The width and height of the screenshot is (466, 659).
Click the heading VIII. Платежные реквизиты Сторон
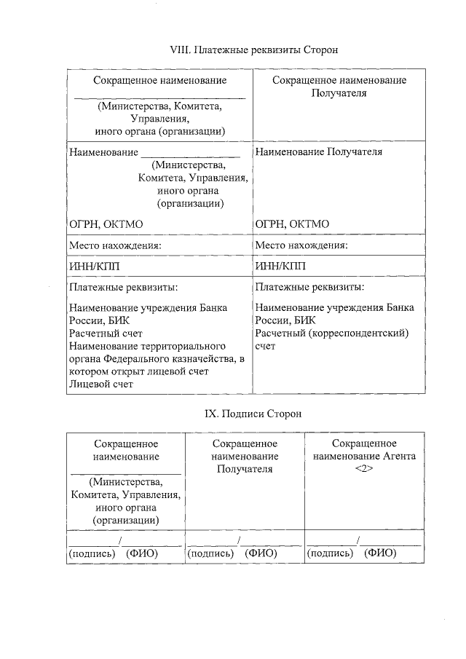tap(254, 50)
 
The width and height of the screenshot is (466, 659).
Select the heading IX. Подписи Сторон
tap(253, 414)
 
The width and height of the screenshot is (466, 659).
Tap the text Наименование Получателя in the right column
tap(319, 152)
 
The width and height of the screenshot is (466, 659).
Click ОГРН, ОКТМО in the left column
tap(106, 224)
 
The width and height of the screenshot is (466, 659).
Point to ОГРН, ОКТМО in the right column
tap(293, 224)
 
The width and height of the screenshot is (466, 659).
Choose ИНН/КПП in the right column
tap(281, 266)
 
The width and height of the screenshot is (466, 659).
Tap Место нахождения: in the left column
tap(114, 245)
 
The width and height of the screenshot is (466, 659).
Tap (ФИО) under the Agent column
tap(380, 553)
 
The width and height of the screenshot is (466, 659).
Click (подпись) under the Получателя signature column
tap(211, 553)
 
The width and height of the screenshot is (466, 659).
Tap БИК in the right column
tap(307, 320)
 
